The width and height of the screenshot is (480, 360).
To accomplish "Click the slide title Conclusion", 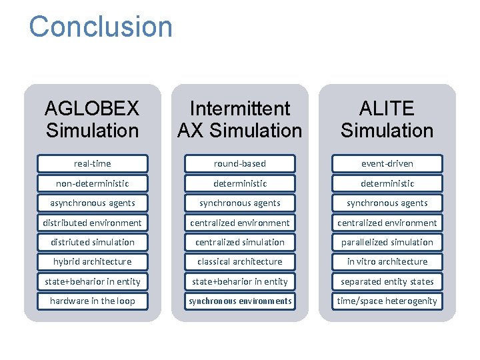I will [x=101, y=27].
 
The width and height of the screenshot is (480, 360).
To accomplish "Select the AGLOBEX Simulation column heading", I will [x=93, y=119].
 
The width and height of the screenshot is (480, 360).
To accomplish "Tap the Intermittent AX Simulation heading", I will [x=240, y=119].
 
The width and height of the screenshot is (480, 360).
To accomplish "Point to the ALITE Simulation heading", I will [x=387, y=119].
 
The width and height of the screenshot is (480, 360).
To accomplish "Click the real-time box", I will [x=93, y=163].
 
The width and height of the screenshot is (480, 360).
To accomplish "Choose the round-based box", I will [x=240, y=163].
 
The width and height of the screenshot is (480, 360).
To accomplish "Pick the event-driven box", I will [x=387, y=163].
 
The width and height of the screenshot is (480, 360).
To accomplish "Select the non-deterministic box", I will [x=93, y=183].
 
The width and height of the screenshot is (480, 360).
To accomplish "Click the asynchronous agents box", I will [x=93, y=203].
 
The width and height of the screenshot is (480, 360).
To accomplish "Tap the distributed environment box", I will [x=93, y=223].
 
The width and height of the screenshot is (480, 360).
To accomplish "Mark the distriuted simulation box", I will [x=93, y=242].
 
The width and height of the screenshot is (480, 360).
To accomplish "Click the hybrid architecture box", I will [x=93, y=261].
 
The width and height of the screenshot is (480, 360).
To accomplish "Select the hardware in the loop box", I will [x=93, y=301].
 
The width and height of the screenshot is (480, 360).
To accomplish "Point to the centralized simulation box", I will [x=240, y=242].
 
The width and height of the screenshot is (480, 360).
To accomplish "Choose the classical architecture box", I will [x=240, y=261].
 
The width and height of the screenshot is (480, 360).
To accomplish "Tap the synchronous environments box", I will [x=240, y=301].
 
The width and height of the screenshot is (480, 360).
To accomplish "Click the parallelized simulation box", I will [x=387, y=242].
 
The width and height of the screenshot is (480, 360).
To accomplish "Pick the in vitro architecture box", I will [x=387, y=261].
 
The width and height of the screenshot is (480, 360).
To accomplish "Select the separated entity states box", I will [x=387, y=281].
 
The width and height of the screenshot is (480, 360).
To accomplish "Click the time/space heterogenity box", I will [x=387, y=301].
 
